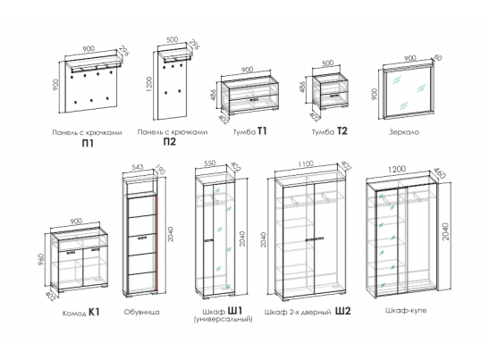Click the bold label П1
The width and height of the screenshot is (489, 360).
click(x=88, y=144)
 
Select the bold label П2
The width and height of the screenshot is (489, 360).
click(x=170, y=142)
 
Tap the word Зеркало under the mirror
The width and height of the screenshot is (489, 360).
click(x=404, y=132)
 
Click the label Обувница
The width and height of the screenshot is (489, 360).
click(x=141, y=312)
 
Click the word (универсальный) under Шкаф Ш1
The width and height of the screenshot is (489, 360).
click(x=223, y=320)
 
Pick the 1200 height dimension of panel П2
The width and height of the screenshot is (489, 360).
click(x=149, y=84)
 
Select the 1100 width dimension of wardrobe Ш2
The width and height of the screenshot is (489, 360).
click(x=306, y=164)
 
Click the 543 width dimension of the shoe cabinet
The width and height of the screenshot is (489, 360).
click(x=138, y=167)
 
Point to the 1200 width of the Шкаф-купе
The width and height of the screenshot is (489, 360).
click(x=397, y=169)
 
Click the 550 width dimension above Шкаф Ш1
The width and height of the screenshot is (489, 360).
click(x=210, y=163)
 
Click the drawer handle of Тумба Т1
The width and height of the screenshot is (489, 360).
click(x=254, y=99)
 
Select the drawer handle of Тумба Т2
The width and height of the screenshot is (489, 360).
click(x=335, y=96)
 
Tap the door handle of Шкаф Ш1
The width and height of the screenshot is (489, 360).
click(x=208, y=240)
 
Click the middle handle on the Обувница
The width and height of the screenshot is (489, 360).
click(x=142, y=239)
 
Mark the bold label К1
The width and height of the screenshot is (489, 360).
click(x=94, y=312)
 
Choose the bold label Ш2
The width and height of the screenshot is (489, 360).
click(x=343, y=311)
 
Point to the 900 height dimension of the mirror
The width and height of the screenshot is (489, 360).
click(x=375, y=94)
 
